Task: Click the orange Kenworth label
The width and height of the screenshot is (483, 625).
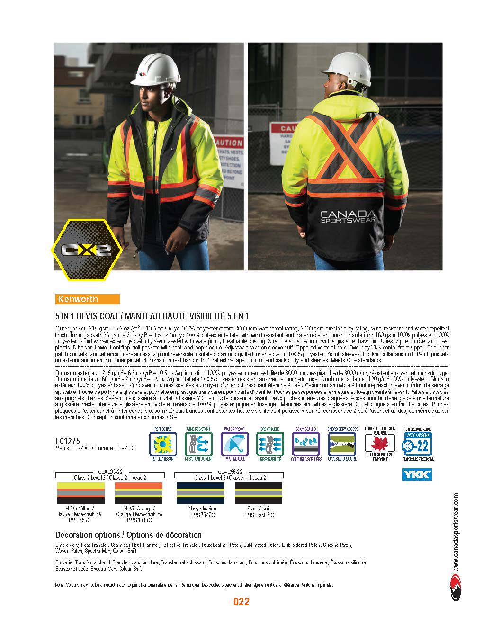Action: tap(87, 299)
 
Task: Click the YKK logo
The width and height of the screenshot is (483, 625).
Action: tap(416, 474)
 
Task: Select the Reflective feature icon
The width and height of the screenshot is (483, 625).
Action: tap(163, 444)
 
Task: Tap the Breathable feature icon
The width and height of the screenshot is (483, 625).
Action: tap(270, 444)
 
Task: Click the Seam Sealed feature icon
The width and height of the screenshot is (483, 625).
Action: tap(306, 444)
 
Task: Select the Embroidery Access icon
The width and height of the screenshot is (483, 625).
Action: tap(342, 444)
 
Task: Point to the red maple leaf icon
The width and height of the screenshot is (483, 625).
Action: tap(380, 444)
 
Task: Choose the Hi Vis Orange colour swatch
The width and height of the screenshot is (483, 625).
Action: tap(139, 493)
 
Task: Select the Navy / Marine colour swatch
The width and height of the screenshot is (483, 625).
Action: tap(200, 493)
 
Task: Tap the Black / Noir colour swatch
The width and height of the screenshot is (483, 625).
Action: tap(259, 493)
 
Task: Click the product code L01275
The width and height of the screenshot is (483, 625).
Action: tap(67, 441)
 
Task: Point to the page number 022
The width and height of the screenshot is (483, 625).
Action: tap(241, 602)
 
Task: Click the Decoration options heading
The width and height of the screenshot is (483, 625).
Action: tap(128, 535)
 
